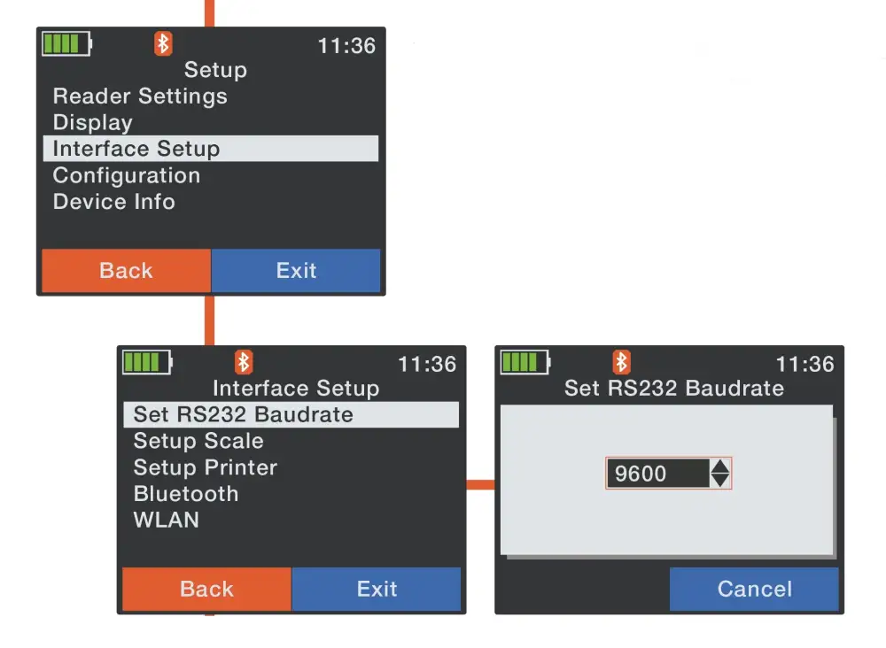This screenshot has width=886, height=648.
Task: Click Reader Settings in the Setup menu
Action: point(140,96)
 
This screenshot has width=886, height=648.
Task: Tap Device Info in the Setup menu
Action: point(114,202)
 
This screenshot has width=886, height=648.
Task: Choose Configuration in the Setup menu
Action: point(127,175)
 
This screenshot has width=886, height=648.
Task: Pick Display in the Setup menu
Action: point(93,123)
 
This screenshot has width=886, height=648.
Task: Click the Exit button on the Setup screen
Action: point(296,271)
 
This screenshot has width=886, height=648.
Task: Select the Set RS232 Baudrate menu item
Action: point(244,414)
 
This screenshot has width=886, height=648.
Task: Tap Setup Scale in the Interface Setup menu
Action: point(198,441)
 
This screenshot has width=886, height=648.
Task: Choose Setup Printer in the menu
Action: point(206,467)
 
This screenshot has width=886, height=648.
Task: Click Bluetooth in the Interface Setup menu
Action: point(186,494)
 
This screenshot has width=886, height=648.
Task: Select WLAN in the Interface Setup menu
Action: point(167,521)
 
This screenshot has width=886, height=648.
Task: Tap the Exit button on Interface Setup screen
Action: point(377,590)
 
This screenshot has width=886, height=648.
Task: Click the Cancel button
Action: point(754,590)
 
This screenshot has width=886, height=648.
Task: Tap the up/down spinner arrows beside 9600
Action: point(720,474)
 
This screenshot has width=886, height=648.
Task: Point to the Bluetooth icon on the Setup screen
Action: point(163,43)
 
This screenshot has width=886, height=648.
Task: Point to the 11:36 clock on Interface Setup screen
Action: point(427,364)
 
